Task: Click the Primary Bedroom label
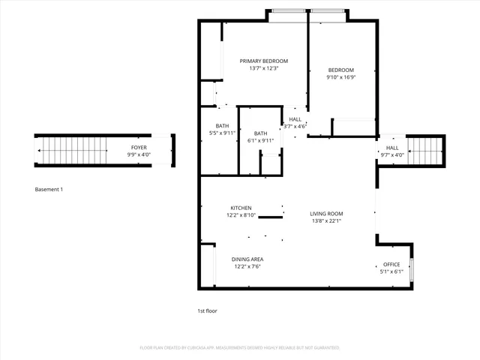coord(264,61)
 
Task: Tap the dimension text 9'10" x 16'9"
coord(340,76)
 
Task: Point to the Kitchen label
coord(241,208)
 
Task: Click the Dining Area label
coord(248,259)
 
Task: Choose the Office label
coord(391,265)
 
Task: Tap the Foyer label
coord(139,148)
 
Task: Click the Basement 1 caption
coord(49,189)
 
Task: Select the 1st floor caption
coord(207,310)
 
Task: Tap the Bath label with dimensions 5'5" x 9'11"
coord(222,125)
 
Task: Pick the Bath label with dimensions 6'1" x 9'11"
coord(260,133)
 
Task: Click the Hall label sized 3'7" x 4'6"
coord(295,119)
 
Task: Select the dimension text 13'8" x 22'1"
coord(327,221)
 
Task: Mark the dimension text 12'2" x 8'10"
coord(241,215)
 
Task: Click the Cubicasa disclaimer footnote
coord(240,348)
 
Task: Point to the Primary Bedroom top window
coord(288,10)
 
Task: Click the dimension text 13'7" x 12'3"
coord(264,68)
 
